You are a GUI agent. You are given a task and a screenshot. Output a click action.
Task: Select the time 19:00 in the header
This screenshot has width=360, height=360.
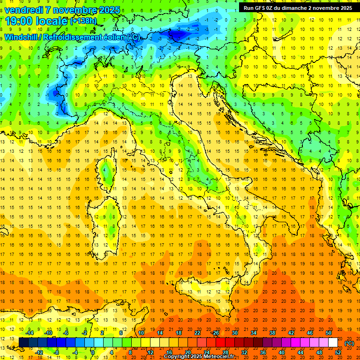pos(21,21)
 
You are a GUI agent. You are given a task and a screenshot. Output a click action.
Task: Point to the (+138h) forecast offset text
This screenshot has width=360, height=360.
pos(83,21)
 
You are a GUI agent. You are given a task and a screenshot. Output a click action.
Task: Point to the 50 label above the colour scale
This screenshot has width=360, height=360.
pos(329,333)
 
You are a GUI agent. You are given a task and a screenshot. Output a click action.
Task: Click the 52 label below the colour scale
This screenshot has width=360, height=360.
pos(338,352)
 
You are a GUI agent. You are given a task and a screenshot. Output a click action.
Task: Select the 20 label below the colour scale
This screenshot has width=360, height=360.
pos(188,352)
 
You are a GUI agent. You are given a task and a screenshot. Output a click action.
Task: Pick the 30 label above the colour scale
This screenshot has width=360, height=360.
pos(235,333)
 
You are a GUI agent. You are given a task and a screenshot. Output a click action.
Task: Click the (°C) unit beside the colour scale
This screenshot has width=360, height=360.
pos(349,343)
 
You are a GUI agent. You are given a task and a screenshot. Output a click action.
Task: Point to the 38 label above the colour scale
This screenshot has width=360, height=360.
pos(272,333)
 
